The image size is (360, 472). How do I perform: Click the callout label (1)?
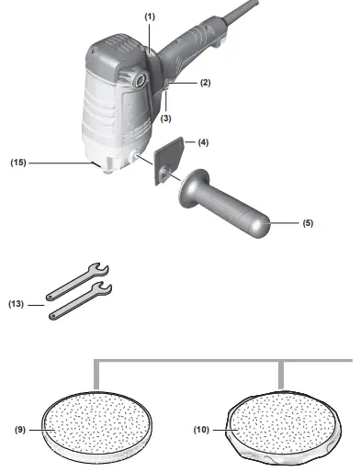click(x=150, y=17)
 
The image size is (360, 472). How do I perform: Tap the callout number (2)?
click(x=206, y=83)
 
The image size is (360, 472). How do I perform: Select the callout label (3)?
click(x=165, y=118)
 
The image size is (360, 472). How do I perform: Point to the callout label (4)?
click(x=203, y=142)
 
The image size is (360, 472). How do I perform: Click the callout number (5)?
click(x=308, y=223)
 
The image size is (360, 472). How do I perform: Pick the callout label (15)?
click(x=18, y=163)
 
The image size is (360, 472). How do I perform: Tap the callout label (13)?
click(x=16, y=304)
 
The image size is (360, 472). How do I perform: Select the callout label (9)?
click(x=20, y=430)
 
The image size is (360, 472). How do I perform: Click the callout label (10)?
click(x=201, y=430)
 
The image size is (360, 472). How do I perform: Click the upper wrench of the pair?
click(x=78, y=281)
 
